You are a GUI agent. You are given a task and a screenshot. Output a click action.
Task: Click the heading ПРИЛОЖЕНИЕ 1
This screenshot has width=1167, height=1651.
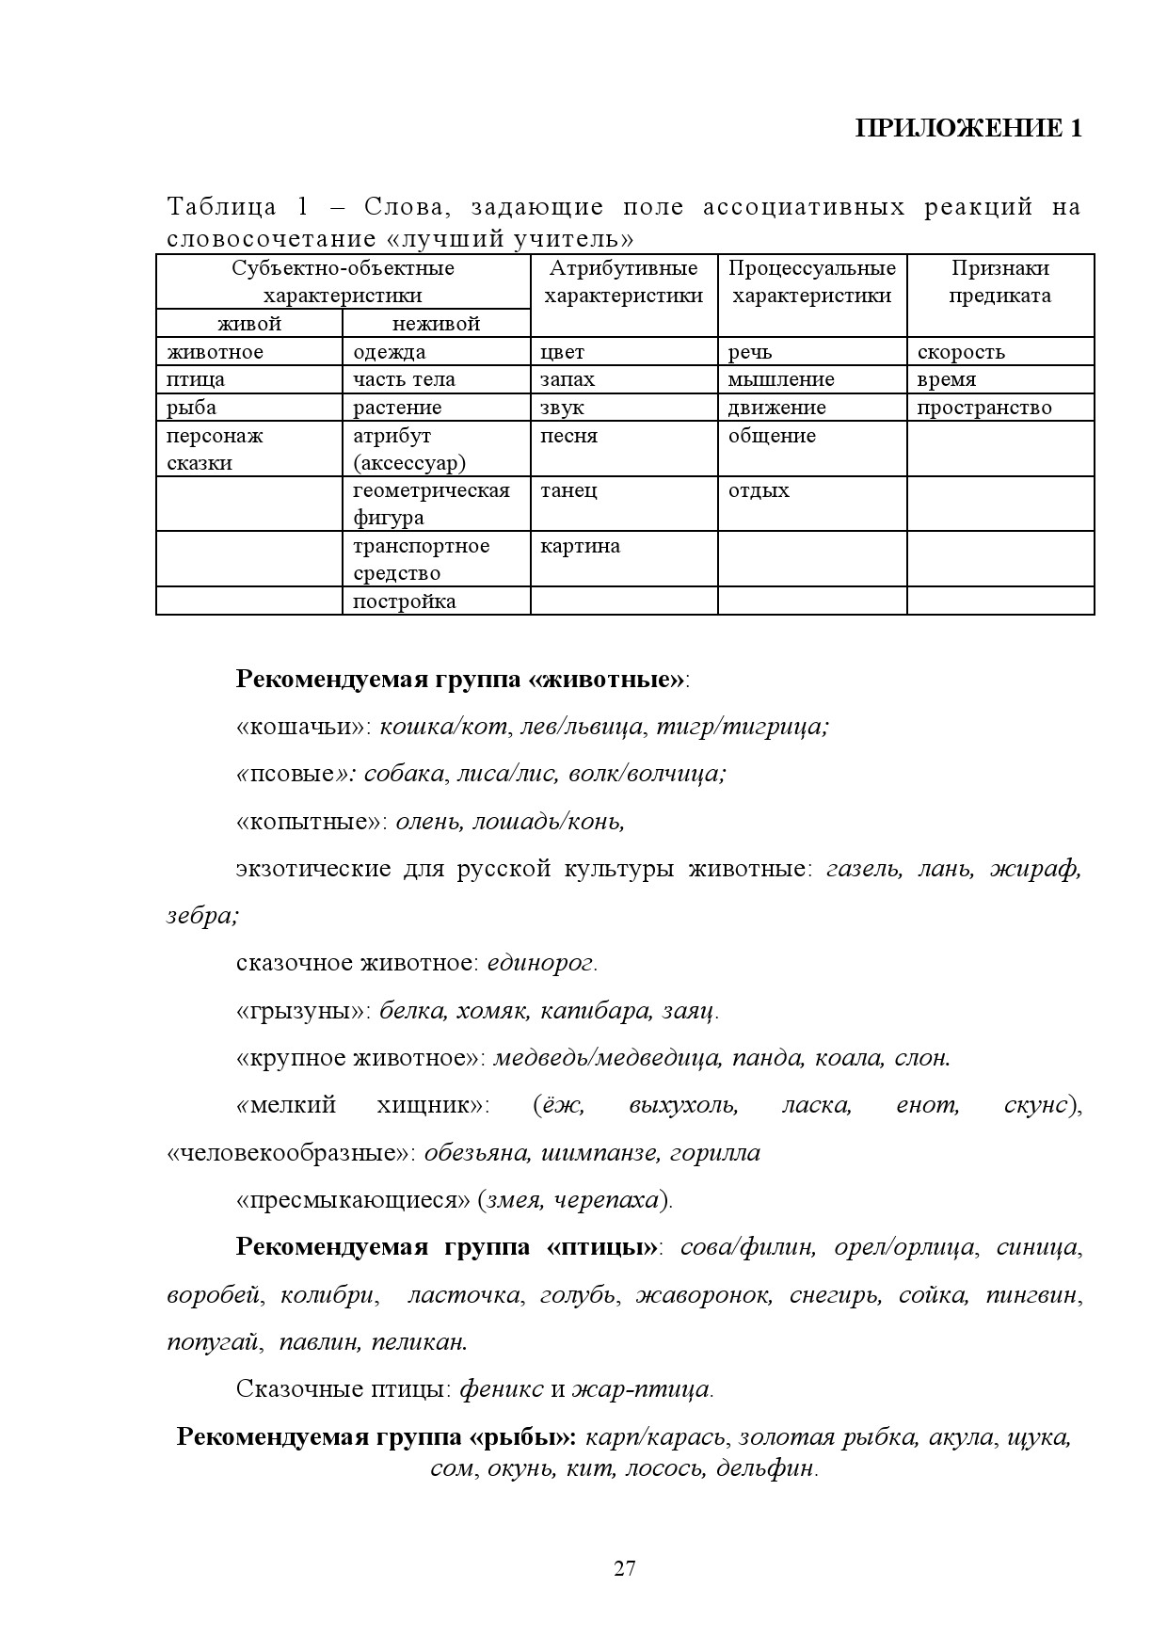tap(968, 129)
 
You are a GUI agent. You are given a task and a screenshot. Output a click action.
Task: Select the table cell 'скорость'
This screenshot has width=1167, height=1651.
tap(961, 352)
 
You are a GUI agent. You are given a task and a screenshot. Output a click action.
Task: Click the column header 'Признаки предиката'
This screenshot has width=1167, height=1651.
tap(999, 281)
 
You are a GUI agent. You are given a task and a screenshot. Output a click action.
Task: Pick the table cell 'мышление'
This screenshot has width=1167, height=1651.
tap(780, 379)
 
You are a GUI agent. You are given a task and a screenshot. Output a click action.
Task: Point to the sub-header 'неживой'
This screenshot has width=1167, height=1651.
tap(436, 324)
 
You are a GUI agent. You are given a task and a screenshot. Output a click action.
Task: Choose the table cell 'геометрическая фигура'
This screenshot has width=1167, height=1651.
tap(431, 504)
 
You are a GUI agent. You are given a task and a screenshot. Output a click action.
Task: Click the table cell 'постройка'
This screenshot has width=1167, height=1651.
tap(404, 601)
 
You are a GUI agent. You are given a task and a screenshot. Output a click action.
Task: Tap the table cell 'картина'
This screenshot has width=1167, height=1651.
tap(580, 546)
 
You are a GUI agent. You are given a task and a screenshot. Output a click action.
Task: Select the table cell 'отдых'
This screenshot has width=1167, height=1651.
tap(759, 490)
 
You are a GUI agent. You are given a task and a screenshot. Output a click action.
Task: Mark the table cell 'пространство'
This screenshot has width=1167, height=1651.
tap(984, 408)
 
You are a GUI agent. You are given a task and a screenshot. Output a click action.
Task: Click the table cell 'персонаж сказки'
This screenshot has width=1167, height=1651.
tap(215, 449)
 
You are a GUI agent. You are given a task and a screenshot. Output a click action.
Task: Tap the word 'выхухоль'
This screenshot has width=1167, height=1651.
tap(682, 1105)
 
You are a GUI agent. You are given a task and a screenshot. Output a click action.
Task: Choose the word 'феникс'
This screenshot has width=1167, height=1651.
tap(501, 1389)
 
